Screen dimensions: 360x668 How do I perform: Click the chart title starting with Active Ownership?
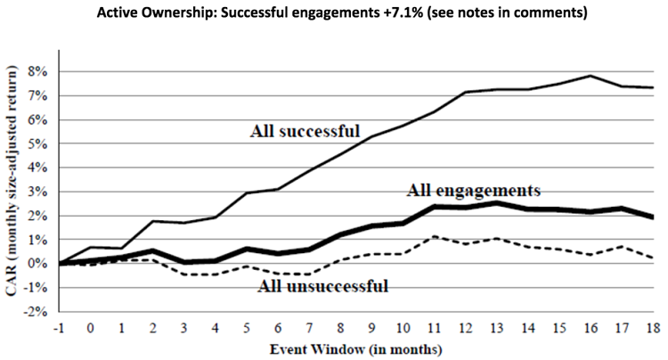(x=334, y=13)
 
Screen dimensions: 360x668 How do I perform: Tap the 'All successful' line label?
(x=306, y=132)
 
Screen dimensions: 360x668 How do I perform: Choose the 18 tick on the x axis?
(x=653, y=326)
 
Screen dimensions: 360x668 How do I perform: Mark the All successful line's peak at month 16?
(x=591, y=76)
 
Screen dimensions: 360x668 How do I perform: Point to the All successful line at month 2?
(x=152, y=220)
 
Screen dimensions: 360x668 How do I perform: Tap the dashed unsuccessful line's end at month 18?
(x=653, y=258)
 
